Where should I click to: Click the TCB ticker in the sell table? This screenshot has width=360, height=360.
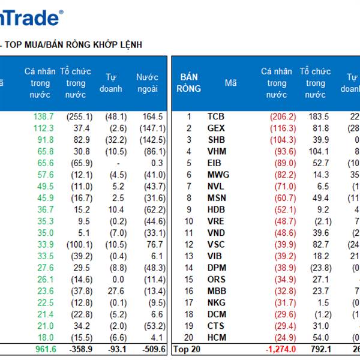[x=216, y=117]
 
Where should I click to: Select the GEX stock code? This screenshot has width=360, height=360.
[x=216, y=128]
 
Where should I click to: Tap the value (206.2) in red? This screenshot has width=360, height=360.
[x=282, y=117]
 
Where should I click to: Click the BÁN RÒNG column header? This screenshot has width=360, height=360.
[x=190, y=83]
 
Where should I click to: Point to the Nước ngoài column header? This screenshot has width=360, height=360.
[x=147, y=83]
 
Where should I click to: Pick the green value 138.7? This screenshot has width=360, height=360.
[x=44, y=117]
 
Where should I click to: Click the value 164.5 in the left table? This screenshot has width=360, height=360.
[x=152, y=117]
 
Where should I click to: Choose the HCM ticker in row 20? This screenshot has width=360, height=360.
[x=217, y=337]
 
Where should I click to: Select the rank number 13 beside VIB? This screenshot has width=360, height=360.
[x=189, y=256]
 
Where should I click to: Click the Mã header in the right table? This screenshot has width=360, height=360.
[x=231, y=83]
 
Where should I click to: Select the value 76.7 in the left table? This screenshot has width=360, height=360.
[x=154, y=244]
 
